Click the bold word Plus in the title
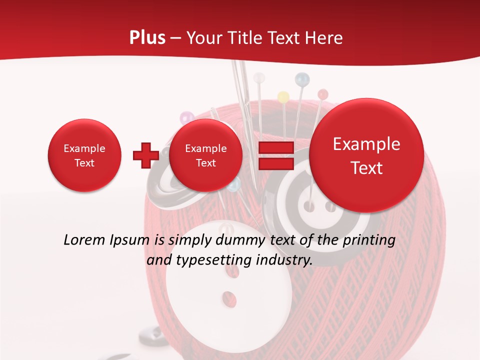coord(147,37)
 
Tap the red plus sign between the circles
coord(145,155)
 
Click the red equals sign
coord(275,155)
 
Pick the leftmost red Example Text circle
coord(84,155)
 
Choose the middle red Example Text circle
coord(205,155)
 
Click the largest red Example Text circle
coord(366,155)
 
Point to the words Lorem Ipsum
coord(106,240)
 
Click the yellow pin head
coord(283,96)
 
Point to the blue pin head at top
coord(302,78)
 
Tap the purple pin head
coord(186,118)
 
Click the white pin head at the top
coord(259,78)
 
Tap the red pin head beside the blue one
coord(322,94)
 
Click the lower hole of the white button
coord(229,298)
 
